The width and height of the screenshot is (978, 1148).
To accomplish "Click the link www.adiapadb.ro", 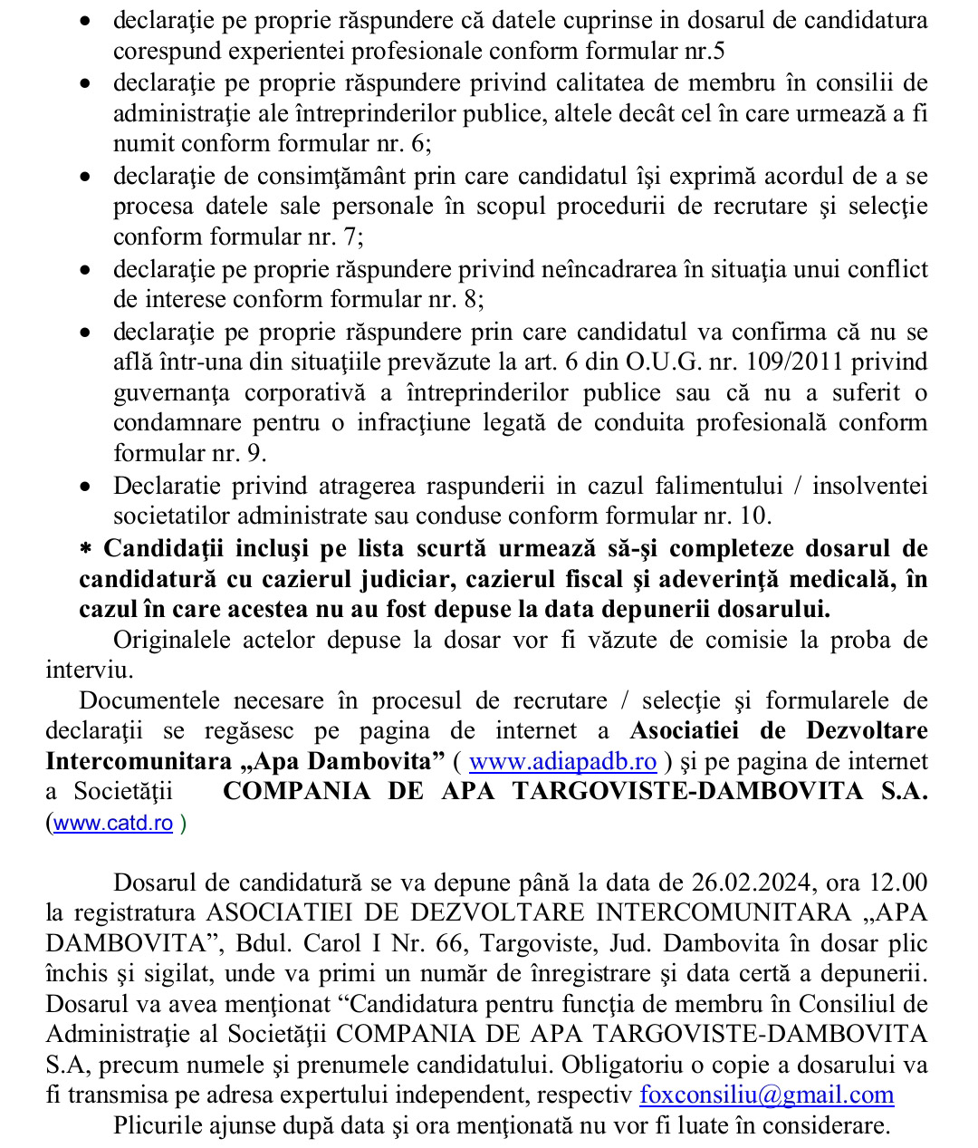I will click(x=562, y=761).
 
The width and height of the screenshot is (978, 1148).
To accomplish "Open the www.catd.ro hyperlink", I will click(x=113, y=823).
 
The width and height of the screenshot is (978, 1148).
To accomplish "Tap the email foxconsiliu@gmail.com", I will click(x=766, y=1095).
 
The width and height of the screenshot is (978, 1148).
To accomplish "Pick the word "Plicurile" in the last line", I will click(x=165, y=1125).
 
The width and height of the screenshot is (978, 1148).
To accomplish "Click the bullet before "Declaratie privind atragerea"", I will click(x=85, y=487).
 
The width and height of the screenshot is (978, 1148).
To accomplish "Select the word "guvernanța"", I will click(x=171, y=392).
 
